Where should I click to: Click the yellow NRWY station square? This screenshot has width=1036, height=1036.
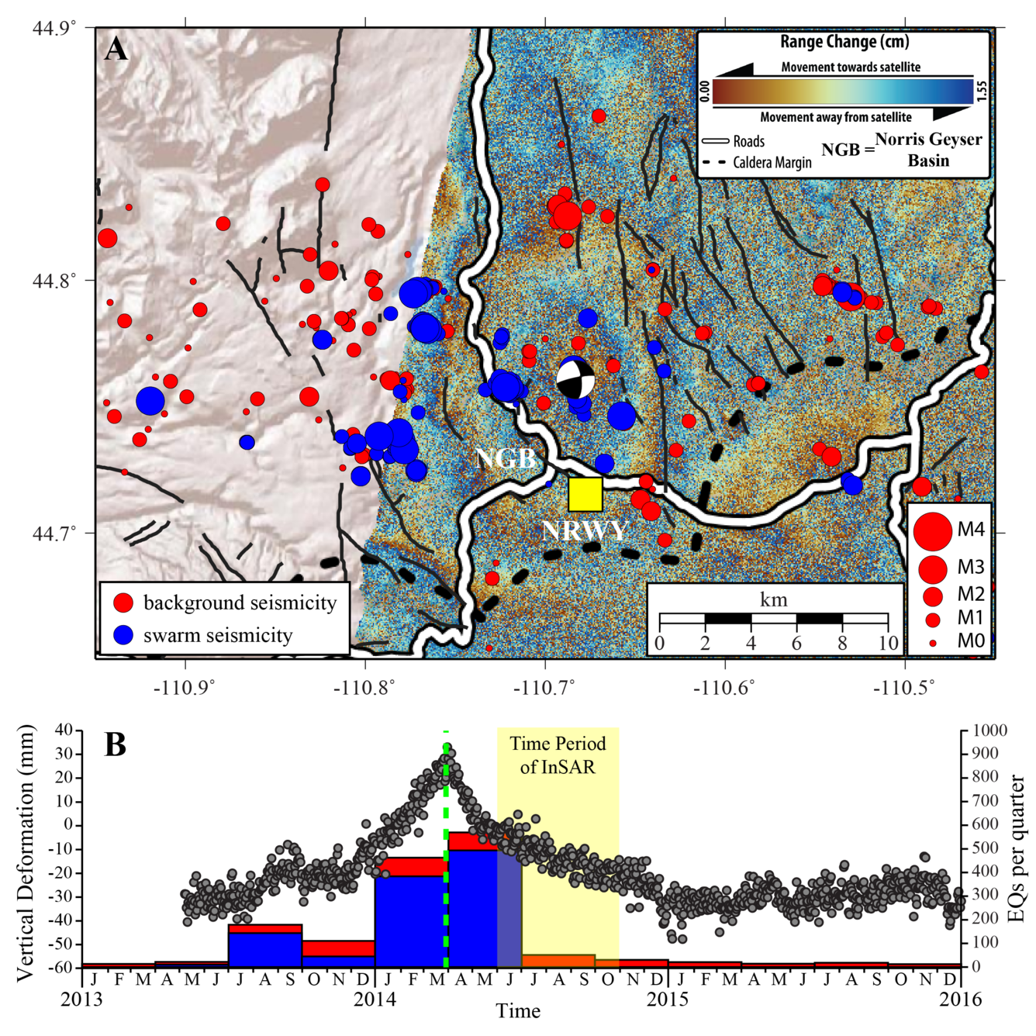pos(585,495)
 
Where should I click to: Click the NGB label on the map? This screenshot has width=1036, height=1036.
pos(505,458)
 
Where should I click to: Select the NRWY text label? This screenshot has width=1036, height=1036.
pos(583,530)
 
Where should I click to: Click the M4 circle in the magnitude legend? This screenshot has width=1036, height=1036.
pos(932,530)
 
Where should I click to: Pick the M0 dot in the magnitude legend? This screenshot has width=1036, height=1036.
pos(933,643)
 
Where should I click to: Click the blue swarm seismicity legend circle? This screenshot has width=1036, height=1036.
pos(123,635)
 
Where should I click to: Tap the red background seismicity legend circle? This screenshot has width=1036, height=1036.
pos(123,603)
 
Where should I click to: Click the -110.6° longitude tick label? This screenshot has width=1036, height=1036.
pos(726,687)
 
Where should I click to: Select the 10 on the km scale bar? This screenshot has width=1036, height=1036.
pos(889,643)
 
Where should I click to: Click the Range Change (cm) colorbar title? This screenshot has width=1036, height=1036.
pos(844,42)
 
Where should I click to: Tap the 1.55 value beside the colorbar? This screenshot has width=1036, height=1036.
pos(981,92)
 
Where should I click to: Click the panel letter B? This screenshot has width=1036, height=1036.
pos(115,745)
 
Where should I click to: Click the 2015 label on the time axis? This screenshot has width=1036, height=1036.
pos(668,999)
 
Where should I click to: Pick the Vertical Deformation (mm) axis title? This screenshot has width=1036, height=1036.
pos(27,853)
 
